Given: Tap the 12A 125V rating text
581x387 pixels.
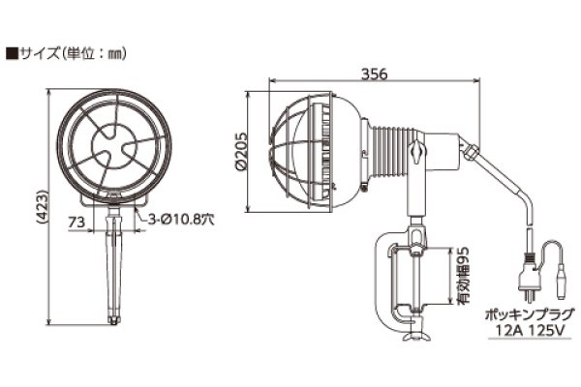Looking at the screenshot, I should [528, 331].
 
